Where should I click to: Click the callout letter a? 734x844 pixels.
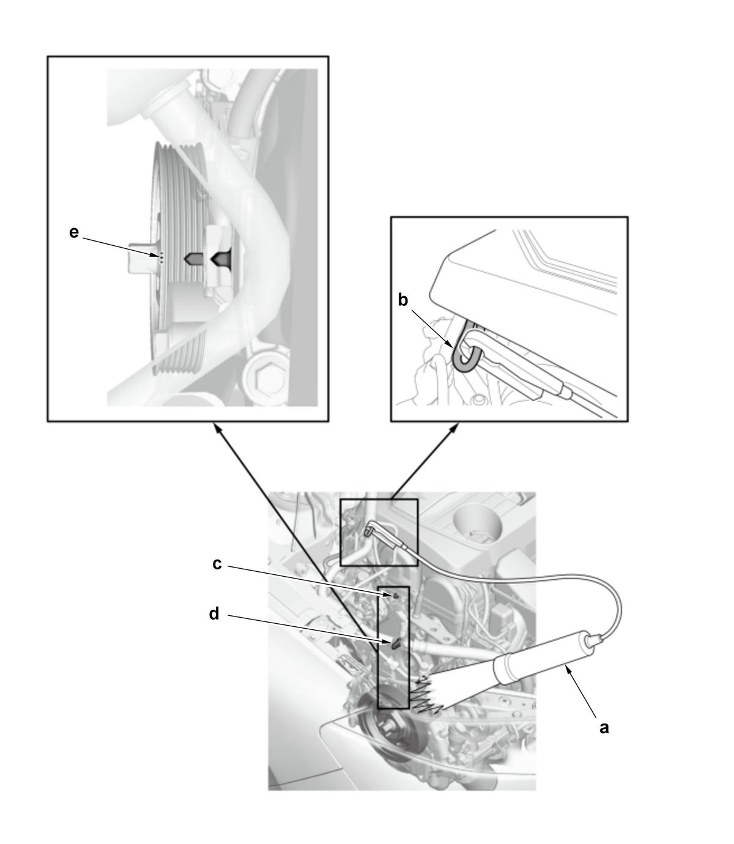pos(604,728)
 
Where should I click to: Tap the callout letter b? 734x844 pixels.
pos(402,300)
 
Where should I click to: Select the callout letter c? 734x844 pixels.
pos(217,564)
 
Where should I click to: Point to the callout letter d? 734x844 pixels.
pos(213,614)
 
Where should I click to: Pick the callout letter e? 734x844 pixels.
pos(74,232)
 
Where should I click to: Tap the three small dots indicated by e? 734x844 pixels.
pos(161,257)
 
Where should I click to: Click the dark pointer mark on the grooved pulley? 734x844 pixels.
pos(193,259)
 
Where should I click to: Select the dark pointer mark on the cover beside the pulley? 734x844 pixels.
pos(221,259)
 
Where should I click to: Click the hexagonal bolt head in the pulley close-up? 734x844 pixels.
pos(259,377)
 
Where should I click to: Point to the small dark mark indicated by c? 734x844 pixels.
pos(395,596)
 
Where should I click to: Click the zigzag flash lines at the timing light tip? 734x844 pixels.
pos(429,694)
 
